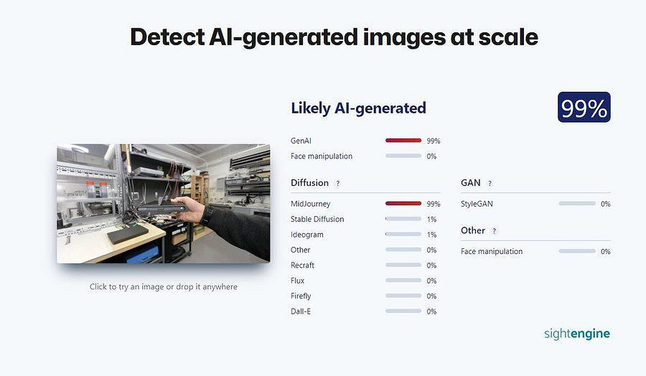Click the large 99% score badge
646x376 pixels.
584,107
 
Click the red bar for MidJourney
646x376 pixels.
403,204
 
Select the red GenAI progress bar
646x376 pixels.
403,141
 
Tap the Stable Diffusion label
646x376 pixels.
317,219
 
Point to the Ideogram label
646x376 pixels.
307,235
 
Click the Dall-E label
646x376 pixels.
301,311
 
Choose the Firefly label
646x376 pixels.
301,296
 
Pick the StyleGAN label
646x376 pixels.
477,204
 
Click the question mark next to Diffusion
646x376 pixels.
338,184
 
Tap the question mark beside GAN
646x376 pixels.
490,184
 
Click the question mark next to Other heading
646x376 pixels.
494,231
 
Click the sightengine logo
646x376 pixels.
577,334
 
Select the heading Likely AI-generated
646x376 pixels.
358,108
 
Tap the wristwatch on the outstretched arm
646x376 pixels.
207,215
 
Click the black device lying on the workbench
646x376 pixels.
127,234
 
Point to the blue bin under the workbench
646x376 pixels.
143,254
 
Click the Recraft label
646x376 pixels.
302,265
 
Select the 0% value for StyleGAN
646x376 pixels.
605,204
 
